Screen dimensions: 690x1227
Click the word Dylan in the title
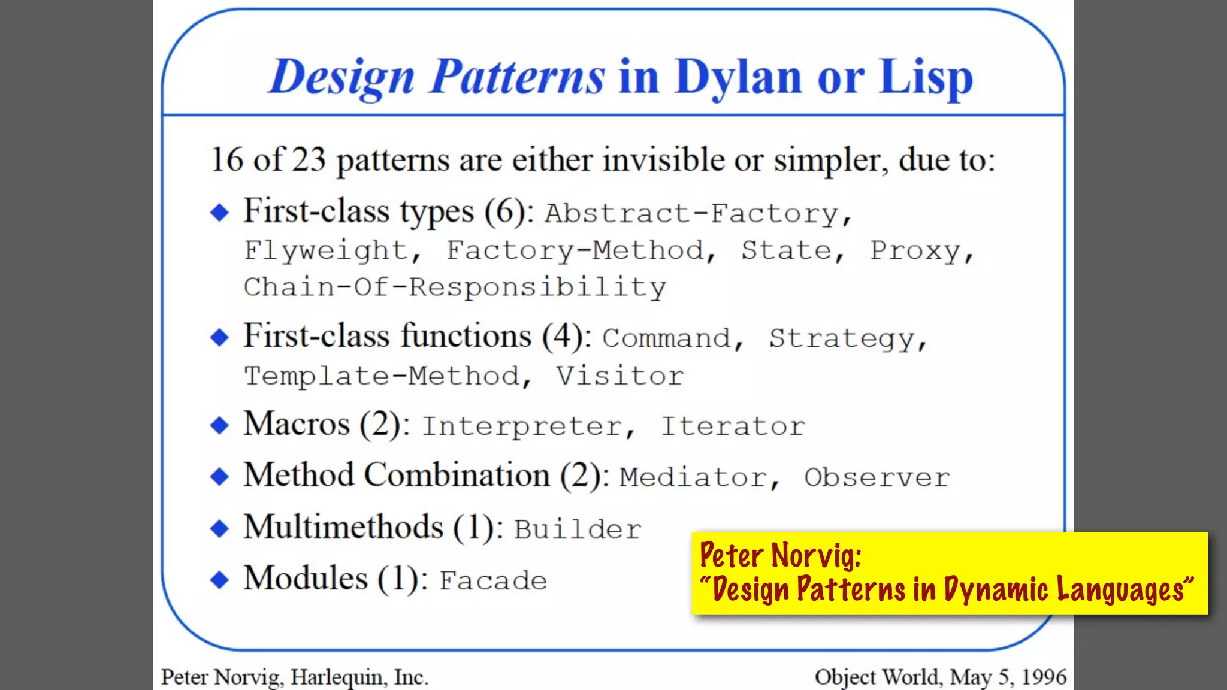click(x=738, y=78)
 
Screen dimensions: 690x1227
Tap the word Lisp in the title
click(x=925, y=78)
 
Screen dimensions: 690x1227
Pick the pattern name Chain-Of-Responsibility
click(x=455, y=287)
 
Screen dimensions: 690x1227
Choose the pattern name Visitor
click(x=619, y=376)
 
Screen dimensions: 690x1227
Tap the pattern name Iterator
click(x=732, y=426)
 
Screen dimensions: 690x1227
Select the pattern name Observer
click(x=877, y=477)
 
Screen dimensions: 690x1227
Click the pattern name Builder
click(x=578, y=529)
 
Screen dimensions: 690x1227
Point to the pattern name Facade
click(x=493, y=580)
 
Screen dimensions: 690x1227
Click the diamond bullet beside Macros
click(x=220, y=425)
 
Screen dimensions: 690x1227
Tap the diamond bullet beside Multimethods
click(x=220, y=528)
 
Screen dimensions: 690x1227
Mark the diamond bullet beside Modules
click(x=220, y=579)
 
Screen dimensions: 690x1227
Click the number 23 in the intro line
click(x=309, y=160)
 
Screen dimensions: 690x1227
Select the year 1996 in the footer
click(x=1044, y=677)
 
